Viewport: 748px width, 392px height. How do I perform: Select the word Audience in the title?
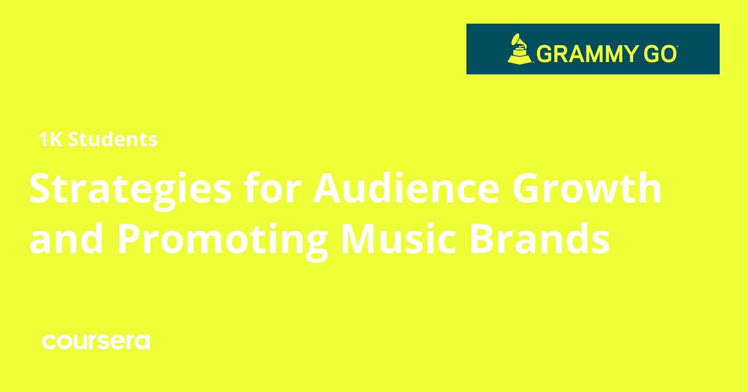tap(406, 188)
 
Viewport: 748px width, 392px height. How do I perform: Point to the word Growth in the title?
tap(587, 188)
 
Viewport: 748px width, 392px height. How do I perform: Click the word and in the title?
tap(67, 239)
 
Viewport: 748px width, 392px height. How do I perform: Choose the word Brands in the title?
tap(539, 239)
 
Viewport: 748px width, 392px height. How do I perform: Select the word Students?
tap(113, 139)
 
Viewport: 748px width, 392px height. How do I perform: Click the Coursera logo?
tap(96, 342)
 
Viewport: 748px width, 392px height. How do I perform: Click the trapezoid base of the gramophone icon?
tap(520, 59)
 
